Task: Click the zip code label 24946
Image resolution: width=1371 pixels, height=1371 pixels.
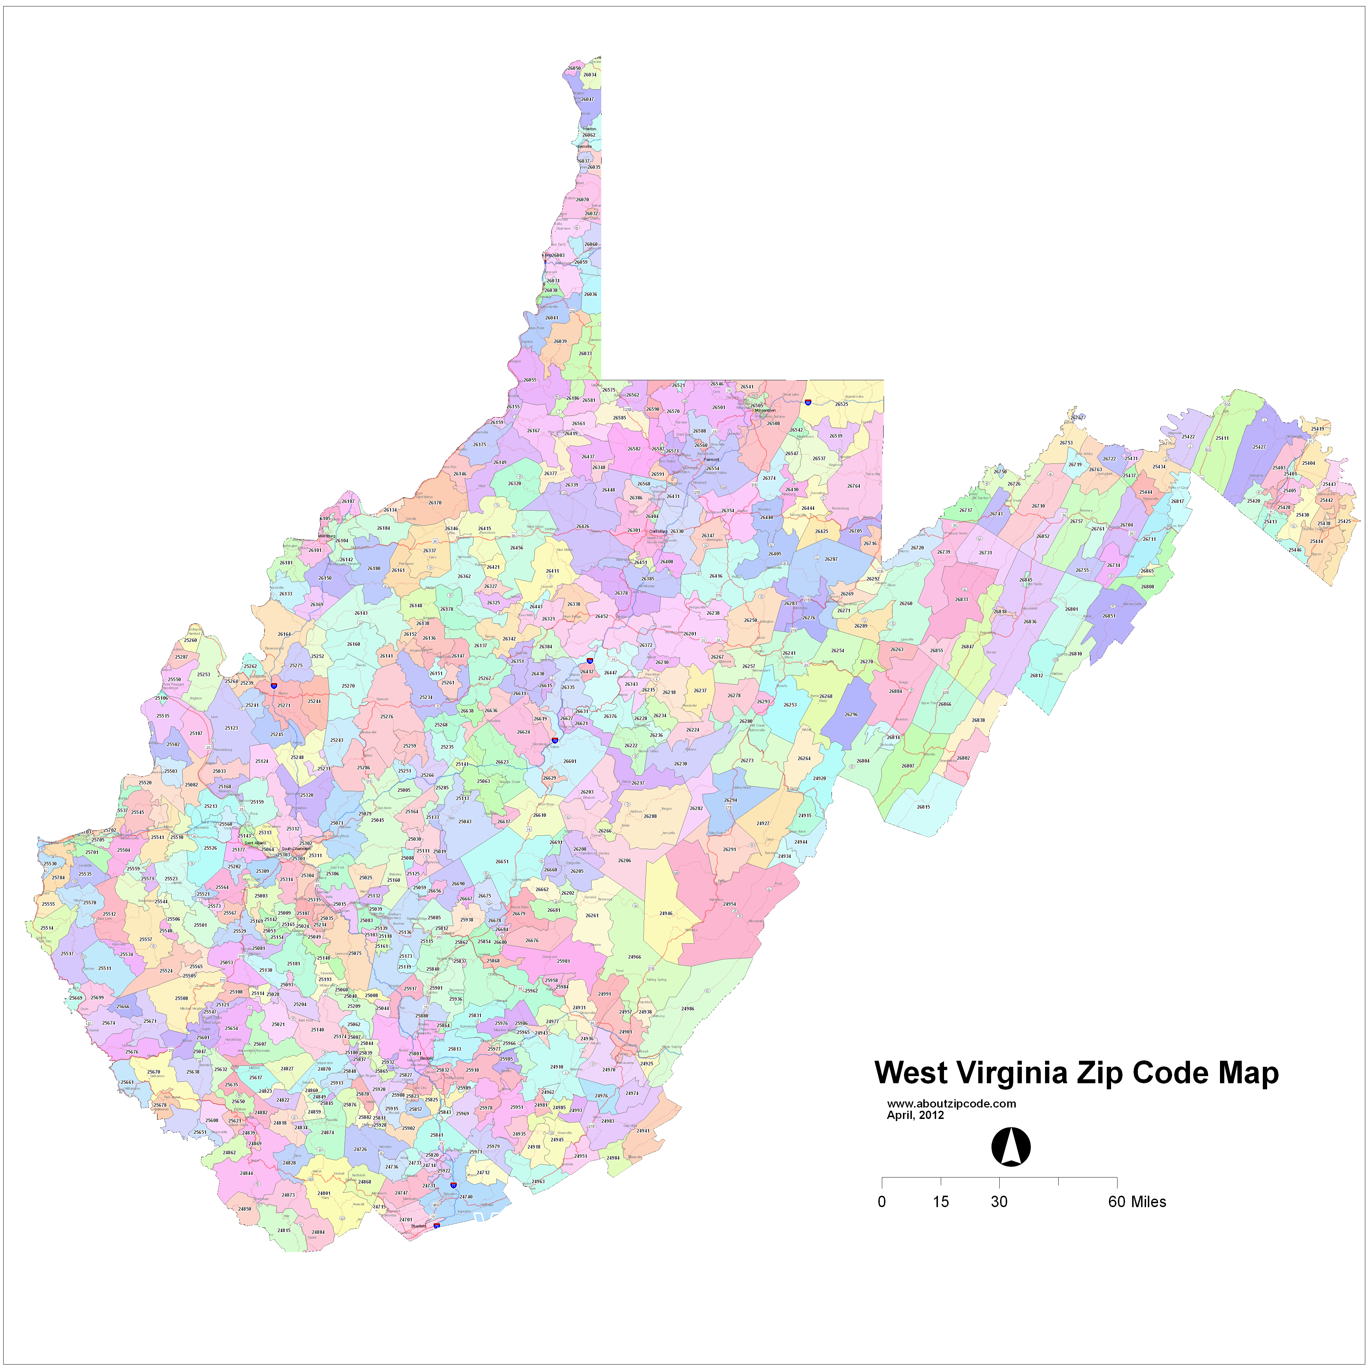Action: pos(666,913)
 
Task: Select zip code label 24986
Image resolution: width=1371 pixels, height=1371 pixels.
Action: pos(688,1008)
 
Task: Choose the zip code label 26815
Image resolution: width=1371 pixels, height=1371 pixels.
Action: pos(923,807)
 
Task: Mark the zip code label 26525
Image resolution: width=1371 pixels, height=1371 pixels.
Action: pos(842,405)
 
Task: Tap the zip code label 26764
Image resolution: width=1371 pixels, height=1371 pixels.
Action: pos(854,486)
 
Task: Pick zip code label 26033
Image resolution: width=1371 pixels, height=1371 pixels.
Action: pos(585,353)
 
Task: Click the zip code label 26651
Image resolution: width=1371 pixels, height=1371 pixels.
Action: pos(502,862)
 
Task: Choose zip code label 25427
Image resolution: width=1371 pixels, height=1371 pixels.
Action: pos(1259,447)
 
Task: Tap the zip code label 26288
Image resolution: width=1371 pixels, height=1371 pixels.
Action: pos(650,816)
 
